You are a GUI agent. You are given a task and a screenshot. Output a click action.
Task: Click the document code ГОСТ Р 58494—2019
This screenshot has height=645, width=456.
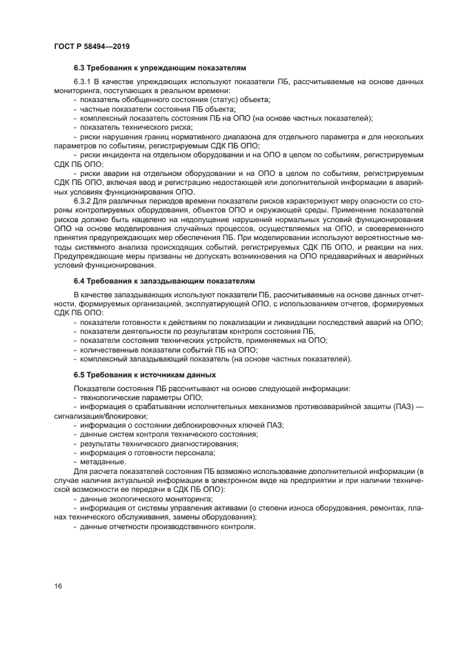[92, 46]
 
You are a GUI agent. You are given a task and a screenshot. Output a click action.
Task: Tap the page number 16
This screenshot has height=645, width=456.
[59, 586]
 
